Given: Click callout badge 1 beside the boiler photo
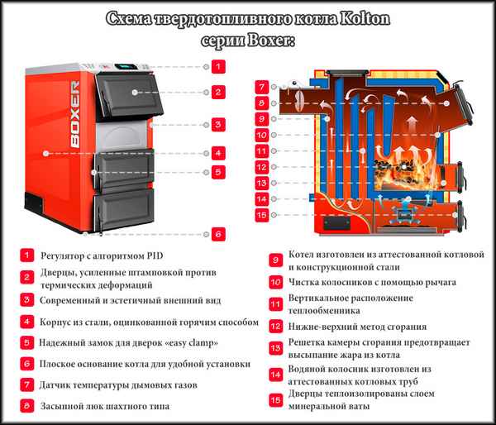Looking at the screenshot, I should (217, 65).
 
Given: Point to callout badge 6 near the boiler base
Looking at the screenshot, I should (217, 234).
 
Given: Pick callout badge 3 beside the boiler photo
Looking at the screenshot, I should (217, 125).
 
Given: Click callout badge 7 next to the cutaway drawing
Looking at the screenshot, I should (261, 87).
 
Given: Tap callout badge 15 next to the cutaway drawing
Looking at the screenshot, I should (261, 215).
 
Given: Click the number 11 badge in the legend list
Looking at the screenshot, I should (275, 304).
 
